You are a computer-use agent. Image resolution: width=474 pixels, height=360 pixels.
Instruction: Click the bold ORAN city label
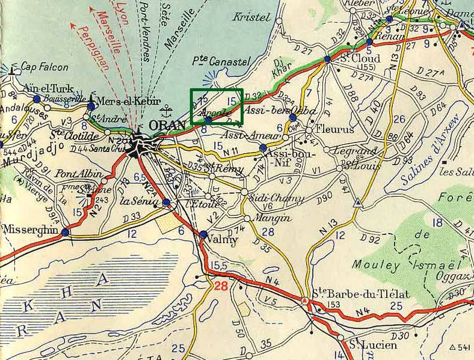[167, 125]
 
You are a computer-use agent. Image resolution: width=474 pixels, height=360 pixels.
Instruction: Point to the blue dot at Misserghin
[65, 231]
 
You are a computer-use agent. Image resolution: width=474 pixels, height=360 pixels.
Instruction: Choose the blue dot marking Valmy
[203, 234]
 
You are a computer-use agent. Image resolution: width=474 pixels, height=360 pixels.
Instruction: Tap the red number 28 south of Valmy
[221, 287]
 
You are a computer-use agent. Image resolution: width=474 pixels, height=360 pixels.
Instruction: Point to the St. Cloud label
[360, 59]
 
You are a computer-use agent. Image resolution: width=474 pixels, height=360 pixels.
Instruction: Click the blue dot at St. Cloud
[327, 59]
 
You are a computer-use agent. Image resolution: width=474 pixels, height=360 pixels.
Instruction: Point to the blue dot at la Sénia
[167, 204]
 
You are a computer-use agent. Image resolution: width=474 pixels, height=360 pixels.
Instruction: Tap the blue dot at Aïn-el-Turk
[37, 99]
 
